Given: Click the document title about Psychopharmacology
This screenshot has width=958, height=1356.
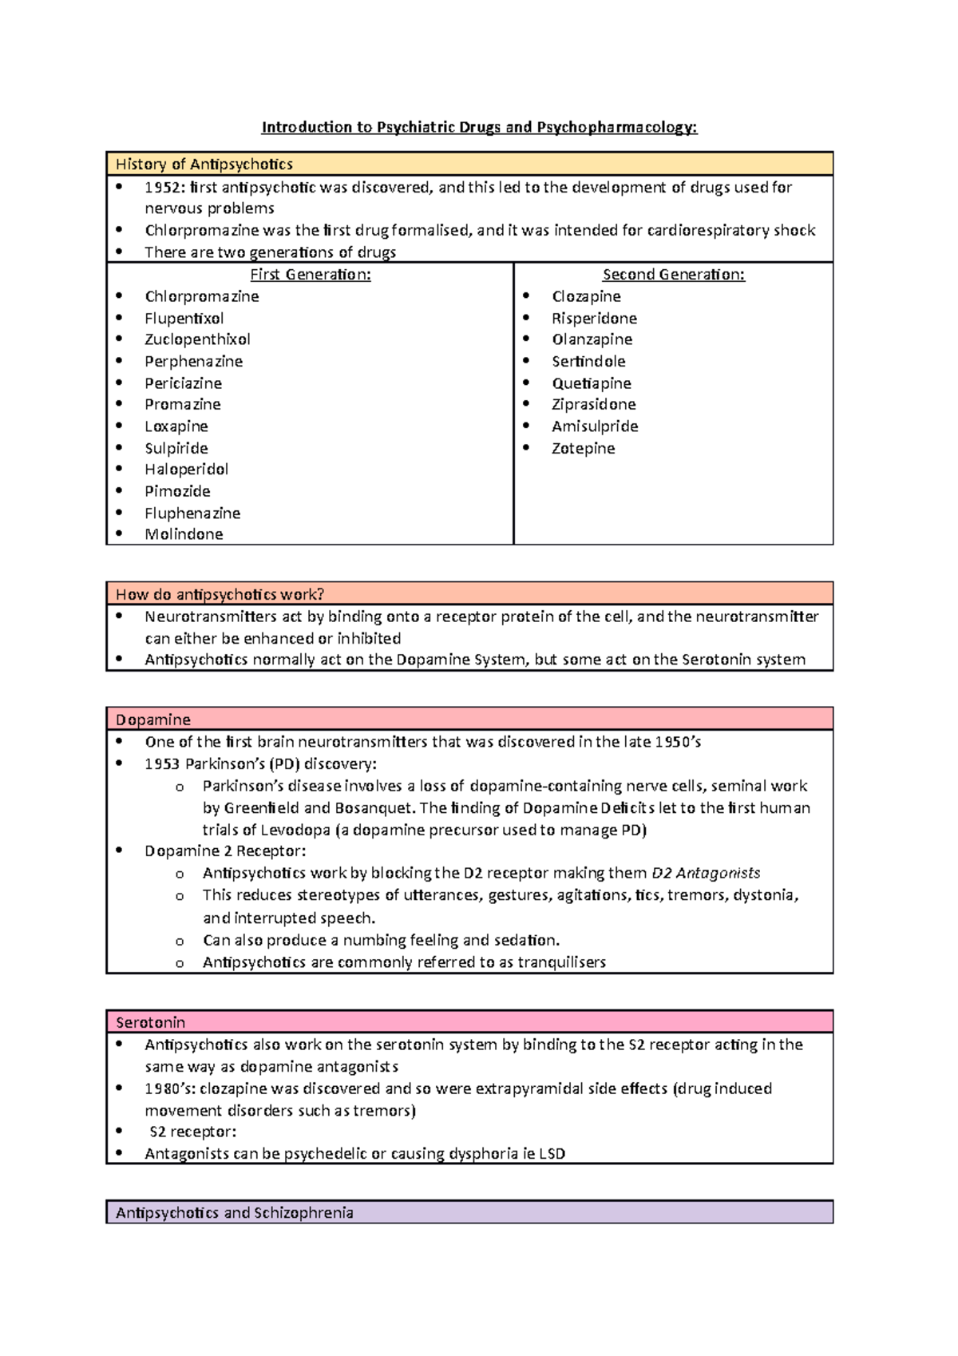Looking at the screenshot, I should point(479,127).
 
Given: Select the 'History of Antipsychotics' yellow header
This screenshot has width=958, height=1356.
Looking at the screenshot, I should point(204,165).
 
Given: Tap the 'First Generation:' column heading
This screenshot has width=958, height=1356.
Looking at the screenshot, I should point(310,275).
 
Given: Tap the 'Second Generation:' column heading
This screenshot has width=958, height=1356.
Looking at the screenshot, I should point(673,275).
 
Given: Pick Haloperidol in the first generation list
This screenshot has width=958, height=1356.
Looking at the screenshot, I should point(186,470).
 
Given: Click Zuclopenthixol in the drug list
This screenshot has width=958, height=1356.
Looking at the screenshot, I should point(197,339).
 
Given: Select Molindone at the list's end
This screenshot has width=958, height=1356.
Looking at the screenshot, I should point(184,534).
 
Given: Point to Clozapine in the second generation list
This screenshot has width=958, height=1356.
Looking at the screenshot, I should point(586,296).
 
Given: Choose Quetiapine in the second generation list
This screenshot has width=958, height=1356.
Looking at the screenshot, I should point(591,383).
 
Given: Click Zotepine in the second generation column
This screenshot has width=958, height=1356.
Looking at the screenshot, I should point(583,449).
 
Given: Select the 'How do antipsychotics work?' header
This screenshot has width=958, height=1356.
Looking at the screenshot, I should point(220,594).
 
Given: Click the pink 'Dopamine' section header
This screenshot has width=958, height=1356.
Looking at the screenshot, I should point(153,720).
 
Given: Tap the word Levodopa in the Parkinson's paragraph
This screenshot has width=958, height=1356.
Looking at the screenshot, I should point(295,830).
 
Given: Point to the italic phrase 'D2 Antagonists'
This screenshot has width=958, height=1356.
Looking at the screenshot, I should point(706,873).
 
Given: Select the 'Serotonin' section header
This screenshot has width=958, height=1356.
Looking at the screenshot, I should point(150,1022).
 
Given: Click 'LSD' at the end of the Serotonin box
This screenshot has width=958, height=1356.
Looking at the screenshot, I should point(552,1154).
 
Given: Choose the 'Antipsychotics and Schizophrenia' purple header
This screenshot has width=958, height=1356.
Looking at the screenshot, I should point(234,1212).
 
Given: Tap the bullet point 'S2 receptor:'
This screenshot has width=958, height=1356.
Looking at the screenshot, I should point(192,1132).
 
